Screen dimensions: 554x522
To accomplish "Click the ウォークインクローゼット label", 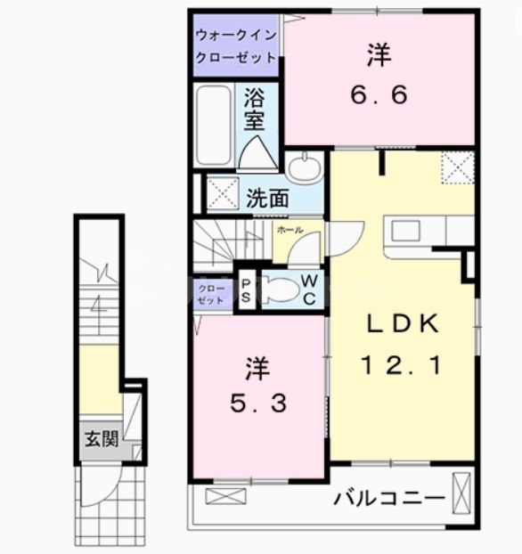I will (236, 43).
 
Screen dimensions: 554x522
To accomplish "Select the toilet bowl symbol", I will (278, 290).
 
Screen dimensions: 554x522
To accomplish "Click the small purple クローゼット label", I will (212, 294).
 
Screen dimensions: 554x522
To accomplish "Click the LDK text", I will (400, 325).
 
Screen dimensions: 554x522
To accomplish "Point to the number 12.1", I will (399, 365).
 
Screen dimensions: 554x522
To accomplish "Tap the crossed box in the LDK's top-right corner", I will (460, 167).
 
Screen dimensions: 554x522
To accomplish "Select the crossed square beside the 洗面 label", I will (222, 194).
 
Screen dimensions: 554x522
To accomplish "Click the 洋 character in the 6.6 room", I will (377, 56).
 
